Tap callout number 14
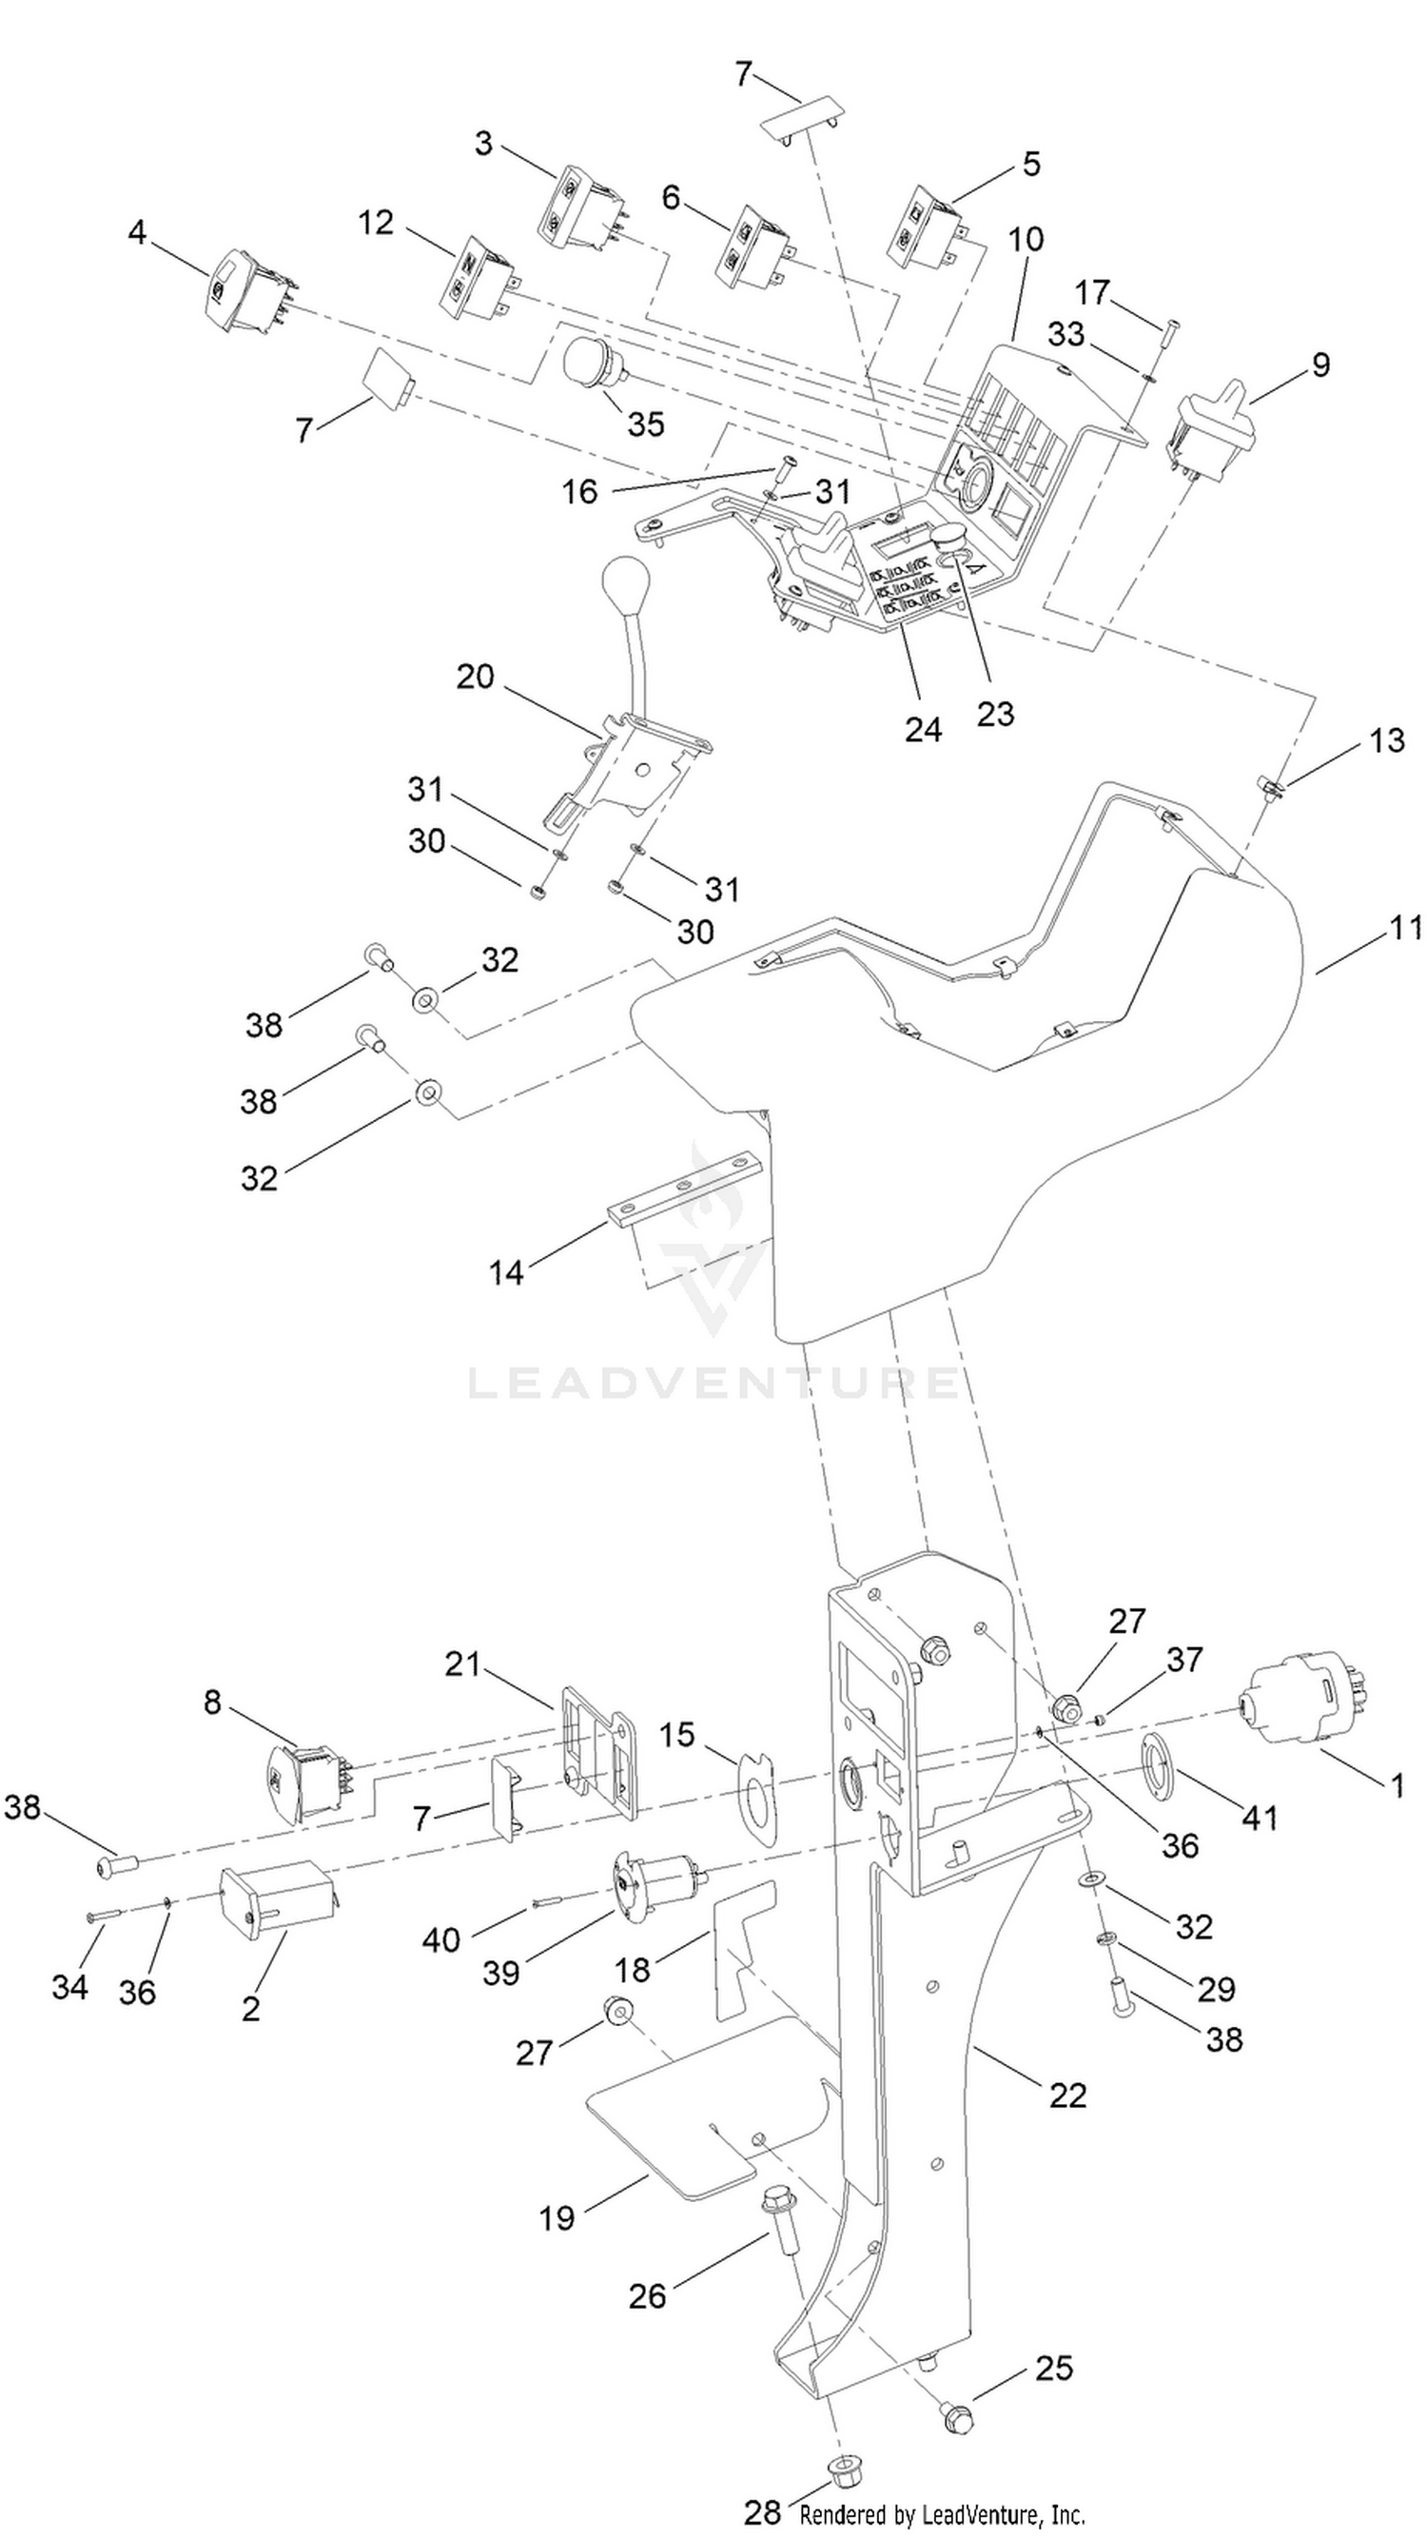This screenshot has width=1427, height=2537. (x=506, y=1272)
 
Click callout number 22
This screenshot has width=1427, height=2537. (x=1067, y=2094)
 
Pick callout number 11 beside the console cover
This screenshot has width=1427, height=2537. (x=1406, y=928)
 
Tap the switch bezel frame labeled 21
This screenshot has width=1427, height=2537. (x=597, y=1744)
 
